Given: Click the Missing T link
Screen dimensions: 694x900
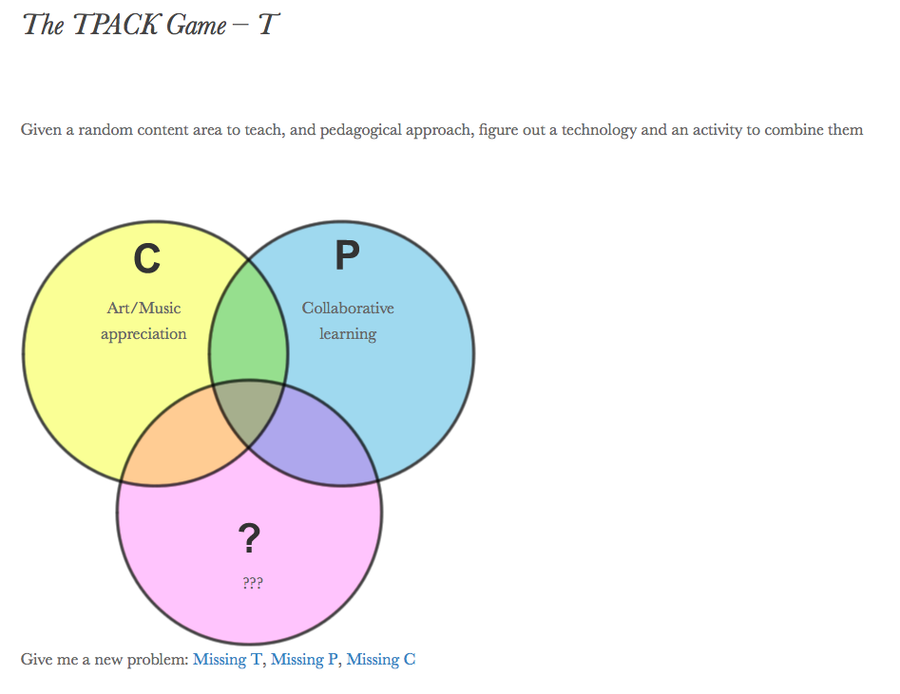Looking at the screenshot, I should (x=227, y=659).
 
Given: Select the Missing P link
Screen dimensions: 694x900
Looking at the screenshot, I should (x=304, y=659).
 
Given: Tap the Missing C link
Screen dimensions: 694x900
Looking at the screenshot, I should (x=380, y=659).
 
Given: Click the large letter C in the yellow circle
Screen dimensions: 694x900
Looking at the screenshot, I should (x=146, y=258).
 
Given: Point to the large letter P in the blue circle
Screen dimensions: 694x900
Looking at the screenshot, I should (x=348, y=256).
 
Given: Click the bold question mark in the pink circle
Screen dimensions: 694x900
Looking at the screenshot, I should (x=249, y=538).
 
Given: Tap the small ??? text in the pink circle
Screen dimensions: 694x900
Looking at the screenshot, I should (x=252, y=583).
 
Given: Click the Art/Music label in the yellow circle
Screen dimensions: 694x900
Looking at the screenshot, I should (x=144, y=308).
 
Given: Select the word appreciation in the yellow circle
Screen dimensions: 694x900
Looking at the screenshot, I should (x=144, y=333).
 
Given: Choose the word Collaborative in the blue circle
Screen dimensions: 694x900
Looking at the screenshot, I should (x=348, y=308).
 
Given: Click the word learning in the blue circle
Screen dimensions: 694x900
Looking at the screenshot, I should (x=348, y=333).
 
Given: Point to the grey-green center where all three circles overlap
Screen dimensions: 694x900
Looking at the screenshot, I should (x=249, y=413).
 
